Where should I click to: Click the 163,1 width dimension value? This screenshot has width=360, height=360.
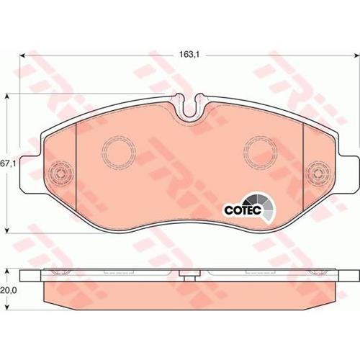click(189, 55)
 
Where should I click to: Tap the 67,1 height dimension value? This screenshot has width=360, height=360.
click(8, 164)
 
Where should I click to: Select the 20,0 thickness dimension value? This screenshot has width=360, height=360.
click(8, 290)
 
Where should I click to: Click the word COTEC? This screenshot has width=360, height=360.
click(243, 210)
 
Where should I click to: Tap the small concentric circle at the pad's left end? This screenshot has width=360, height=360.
click(60, 173)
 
